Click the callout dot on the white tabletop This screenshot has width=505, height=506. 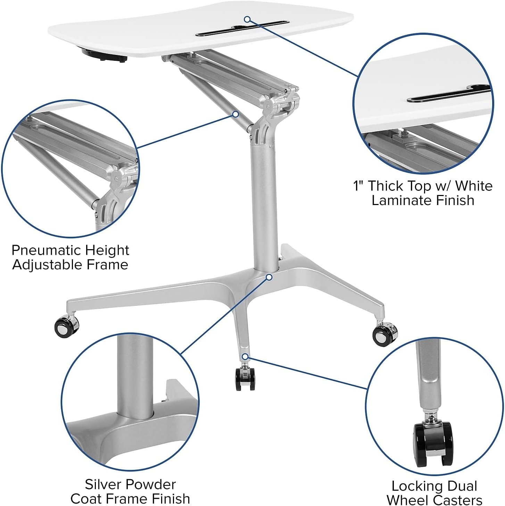pyautogui.click(x=247, y=19)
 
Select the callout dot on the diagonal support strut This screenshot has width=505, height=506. pyautogui.click(x=235, y=114)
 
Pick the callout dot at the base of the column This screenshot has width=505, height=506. pyautogui.click(x=269, y=277)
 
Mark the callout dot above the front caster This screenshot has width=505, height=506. pyautogui.click(x=245, y=356)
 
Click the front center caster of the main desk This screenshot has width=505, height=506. pyautogui.click(x=245, y=378)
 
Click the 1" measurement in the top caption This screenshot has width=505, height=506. pyautogui.click(x=359, y=186)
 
